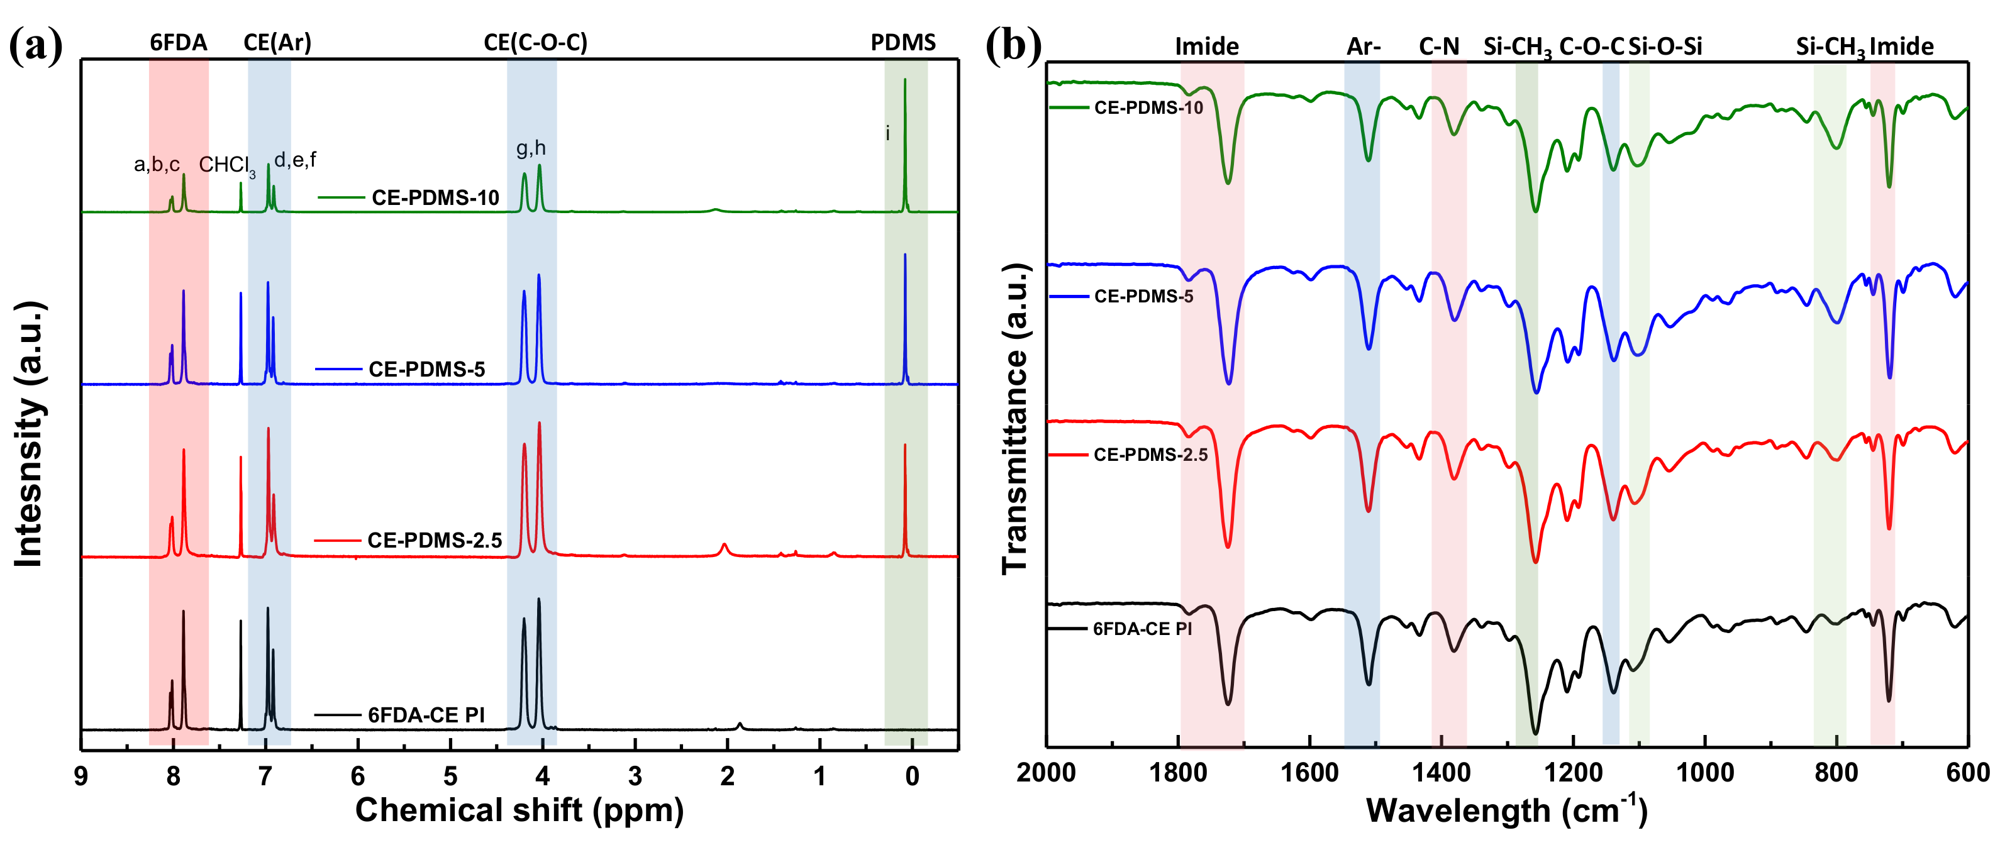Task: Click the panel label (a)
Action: [35, 46]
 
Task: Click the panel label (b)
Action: [1013, 46]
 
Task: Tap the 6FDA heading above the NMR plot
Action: [179, 43]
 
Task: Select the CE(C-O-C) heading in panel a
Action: [536, 43]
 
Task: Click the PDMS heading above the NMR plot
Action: [903, 43]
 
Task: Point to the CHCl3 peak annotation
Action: [226, 165]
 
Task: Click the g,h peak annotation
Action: [531, 147]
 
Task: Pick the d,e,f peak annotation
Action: [295, 160]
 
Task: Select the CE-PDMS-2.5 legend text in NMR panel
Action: [435, 540]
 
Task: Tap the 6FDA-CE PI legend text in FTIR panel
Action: [1142, 629]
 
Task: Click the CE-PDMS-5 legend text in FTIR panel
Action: [1143, 296]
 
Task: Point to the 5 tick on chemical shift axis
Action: [450, 776]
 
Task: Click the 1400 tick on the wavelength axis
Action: [1441, 773]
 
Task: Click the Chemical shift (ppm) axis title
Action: [519, 810]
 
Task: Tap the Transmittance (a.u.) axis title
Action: [1014, 419]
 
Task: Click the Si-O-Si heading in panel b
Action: [1665, 47]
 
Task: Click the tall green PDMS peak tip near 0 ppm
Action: [904, 80]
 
